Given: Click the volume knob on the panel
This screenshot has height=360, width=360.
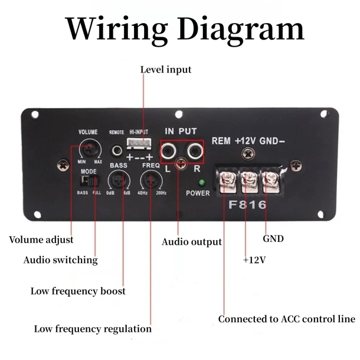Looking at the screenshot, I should tap(89, 149).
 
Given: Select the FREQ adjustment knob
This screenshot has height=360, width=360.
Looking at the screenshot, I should tap(150, 181).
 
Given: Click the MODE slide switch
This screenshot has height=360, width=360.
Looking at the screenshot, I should tap(90, 181).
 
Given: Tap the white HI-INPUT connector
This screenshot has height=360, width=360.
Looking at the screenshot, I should tap(137, 144).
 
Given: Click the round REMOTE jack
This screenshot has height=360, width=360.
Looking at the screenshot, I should tap(116, 150).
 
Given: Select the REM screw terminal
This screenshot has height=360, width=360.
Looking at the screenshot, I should tap(226, 180).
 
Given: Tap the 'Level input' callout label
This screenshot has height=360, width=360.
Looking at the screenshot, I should tap(166, 70).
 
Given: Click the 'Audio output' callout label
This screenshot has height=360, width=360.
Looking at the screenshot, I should tap(192, 241).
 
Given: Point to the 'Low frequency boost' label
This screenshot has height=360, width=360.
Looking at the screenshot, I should tap(78, 291).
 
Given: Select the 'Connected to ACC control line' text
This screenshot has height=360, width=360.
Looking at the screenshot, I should tap(287, 319).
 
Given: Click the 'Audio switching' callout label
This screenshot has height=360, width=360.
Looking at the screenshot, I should tap(60, 260).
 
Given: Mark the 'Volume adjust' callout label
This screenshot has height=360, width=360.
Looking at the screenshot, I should tap(41, 239).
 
